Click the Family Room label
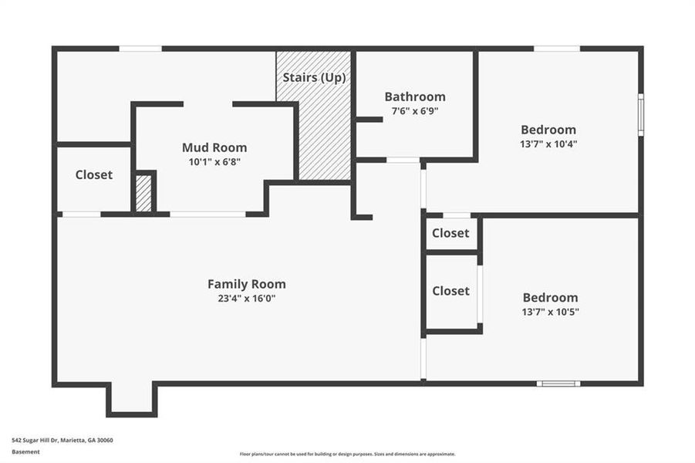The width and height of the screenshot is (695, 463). tap(246, 284)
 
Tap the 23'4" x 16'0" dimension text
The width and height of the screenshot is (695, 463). tap(246, 298)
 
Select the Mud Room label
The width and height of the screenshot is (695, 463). tap(214, 147)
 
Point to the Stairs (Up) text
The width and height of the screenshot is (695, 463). tap(314, 78)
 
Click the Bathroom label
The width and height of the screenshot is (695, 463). tap(415, 96)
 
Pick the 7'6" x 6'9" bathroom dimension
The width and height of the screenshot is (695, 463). tap(415, 110)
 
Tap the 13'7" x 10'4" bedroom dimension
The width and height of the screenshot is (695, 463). tap(548, 144)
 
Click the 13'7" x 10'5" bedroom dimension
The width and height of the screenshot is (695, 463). tap(550, 312)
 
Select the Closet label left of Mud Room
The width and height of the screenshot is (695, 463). tap(94, 175)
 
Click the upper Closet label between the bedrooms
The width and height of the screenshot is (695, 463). tap(450, 233)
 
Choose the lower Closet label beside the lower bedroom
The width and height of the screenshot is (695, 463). tap(450, 291)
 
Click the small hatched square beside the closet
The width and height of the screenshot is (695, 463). tap(143, 194)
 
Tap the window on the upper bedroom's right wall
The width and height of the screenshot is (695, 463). tap(640, 115)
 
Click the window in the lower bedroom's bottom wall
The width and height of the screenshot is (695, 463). tap(558, 384)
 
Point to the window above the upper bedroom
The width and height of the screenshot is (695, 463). tap(556, 49)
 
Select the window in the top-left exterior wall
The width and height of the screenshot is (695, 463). tap(140, 49)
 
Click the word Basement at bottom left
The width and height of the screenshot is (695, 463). tap(25, 452)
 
